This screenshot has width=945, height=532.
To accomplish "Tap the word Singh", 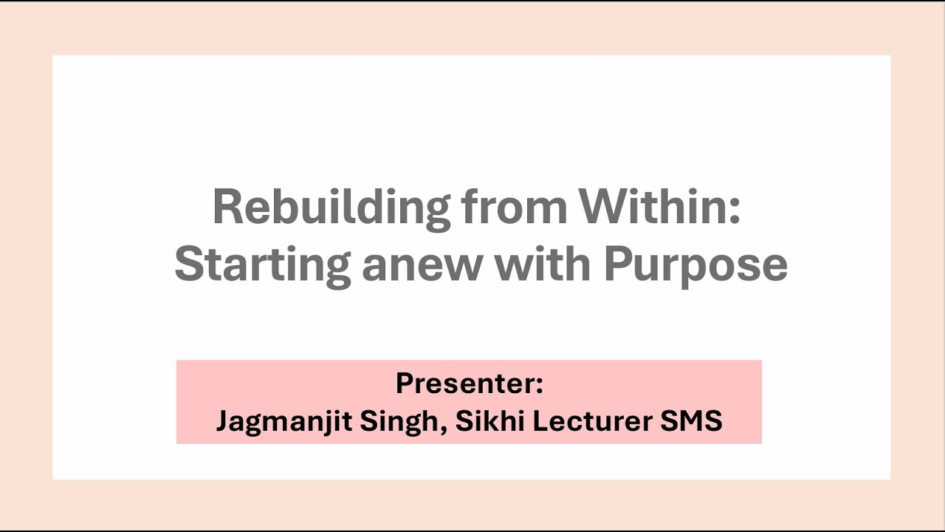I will click(x=405, y=421).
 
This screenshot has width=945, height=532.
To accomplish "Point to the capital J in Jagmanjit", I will click(x=222, y=421).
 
